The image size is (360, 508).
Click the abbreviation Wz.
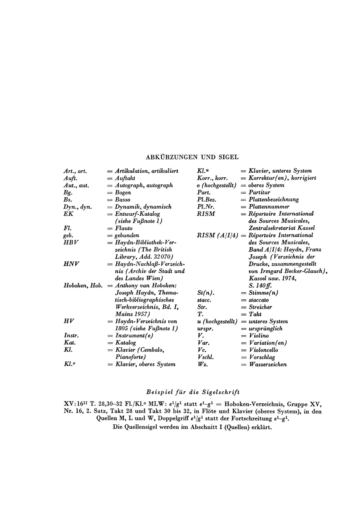202,364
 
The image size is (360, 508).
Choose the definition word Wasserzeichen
268,364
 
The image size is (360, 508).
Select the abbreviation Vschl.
205,357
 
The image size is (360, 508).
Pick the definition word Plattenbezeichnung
274,199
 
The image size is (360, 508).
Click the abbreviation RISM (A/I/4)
216,235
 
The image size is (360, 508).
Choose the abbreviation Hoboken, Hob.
83,286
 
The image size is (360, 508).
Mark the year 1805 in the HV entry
123,329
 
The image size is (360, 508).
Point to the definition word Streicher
260,307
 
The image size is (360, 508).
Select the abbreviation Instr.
71,336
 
